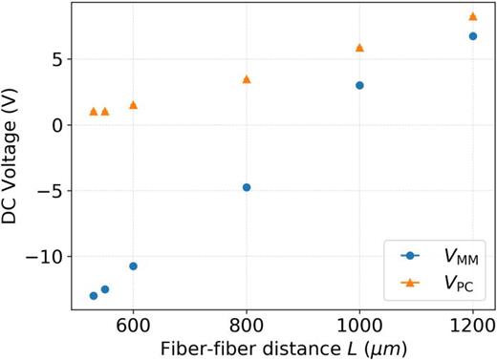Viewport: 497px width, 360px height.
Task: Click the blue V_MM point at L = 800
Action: [247, 187]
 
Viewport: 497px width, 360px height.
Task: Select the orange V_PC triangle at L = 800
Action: [247, 79]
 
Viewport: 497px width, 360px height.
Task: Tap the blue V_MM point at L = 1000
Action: [359, 85]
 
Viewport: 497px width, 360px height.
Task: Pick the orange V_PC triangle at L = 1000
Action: [359, 48]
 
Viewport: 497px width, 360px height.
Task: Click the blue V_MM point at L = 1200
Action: [472, 36]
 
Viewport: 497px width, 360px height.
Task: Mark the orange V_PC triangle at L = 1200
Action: [472, 16]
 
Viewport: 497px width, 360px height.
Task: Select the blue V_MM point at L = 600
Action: [133, 265]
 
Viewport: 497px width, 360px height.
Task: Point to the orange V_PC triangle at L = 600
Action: [133, 105]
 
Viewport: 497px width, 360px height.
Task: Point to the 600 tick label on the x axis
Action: [133, 323]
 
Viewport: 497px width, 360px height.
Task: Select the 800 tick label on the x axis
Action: [247, 323]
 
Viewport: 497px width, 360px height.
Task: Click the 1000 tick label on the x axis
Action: [359, 323]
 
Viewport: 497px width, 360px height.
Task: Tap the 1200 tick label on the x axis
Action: [472, 323]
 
